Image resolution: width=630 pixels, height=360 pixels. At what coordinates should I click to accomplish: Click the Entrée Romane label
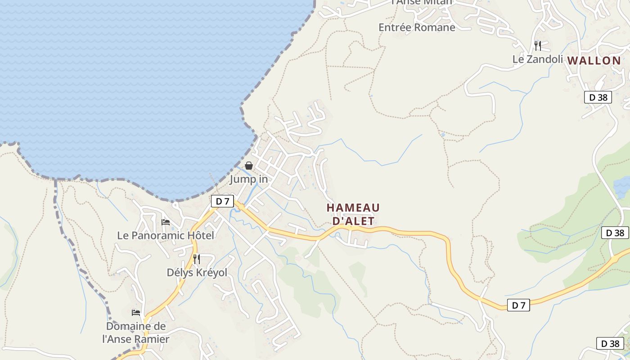tap(417, 27)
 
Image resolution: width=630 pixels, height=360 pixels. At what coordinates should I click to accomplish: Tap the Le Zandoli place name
tap(538, 59)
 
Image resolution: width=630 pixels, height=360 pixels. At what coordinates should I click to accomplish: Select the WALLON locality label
tap(594, 60)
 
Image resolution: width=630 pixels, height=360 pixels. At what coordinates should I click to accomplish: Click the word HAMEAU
tap(353, 208)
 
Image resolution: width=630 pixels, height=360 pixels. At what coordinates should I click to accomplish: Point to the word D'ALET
tap(353, 221)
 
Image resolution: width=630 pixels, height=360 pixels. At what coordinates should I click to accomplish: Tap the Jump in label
tap(249, 179)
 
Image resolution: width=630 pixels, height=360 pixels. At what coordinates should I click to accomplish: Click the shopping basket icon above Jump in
tap(249, 166)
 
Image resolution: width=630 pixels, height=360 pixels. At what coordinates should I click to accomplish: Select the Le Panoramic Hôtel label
tap(166, 235)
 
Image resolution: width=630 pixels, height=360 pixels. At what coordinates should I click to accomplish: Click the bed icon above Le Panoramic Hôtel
tap(166, 222)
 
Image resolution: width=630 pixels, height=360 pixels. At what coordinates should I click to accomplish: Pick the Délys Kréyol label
tap(197, 273)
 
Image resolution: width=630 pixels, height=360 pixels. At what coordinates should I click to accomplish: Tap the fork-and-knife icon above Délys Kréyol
tap(197, 259)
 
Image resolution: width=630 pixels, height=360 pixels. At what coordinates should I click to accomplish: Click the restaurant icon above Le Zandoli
tap(538, 45)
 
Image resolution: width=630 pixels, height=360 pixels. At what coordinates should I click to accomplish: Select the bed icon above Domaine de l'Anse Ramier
tap(136, 312)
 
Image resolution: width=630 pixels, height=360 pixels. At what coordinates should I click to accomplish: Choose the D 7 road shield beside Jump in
tap(222, 201)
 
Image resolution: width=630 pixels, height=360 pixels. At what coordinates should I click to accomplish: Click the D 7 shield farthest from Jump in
tap(518, 305)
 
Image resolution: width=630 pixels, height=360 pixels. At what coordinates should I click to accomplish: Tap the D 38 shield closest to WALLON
tap(598, 97)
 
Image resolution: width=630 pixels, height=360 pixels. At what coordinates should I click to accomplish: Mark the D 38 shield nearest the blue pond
tap(615, 233)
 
